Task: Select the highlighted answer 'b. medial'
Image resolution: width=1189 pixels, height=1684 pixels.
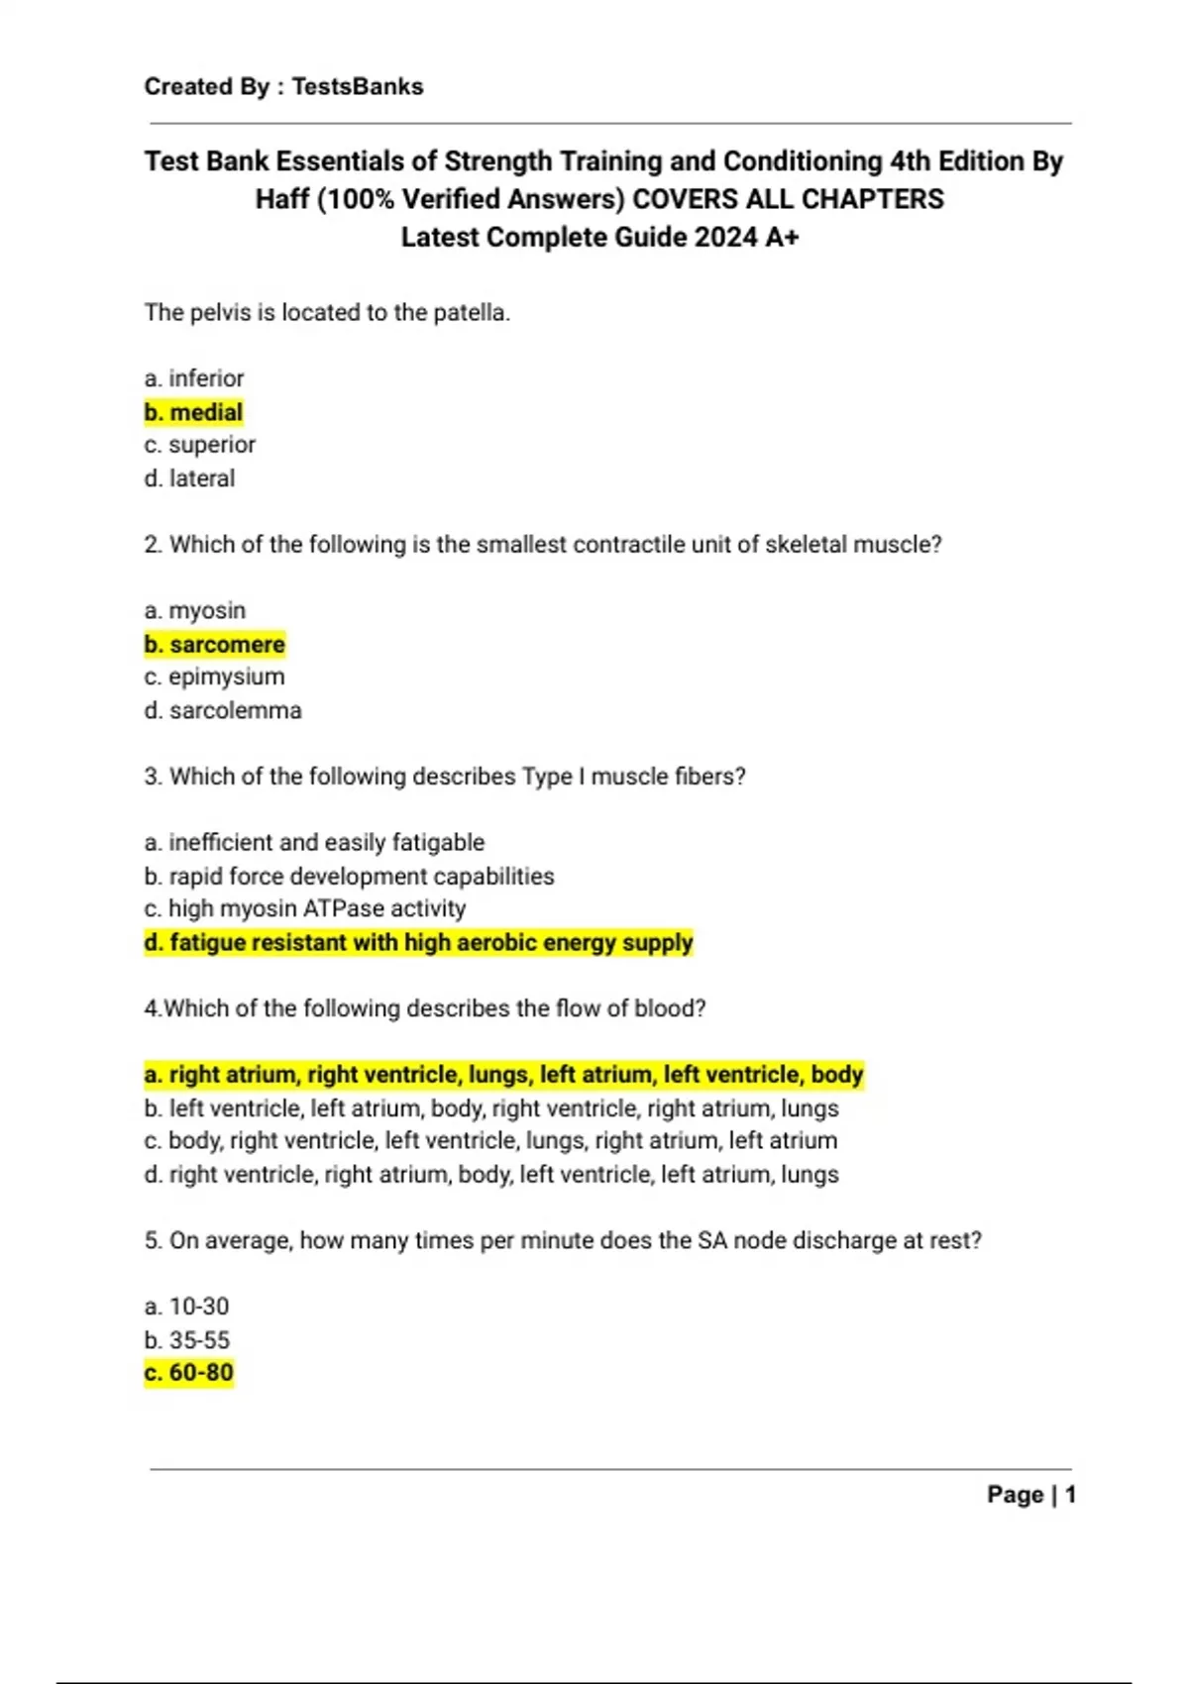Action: pyautogui.click(x=193, y=412)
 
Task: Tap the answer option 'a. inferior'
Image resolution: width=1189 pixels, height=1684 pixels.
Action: pyautogui.click(x=193, y=378)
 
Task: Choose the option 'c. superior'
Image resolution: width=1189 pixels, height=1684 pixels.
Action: pyautogui.click(x=199, y=445)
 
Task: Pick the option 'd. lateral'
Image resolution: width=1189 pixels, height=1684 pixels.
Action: pyautogui.click(x=189, y=478)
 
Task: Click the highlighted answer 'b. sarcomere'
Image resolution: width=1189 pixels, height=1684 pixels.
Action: pyautogui.click(x=214, y=645)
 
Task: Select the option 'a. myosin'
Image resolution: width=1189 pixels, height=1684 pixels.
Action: pyautogui.click(x=194, y=611)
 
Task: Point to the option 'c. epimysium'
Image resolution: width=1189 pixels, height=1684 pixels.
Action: pyautogui.click(x=214, y=678)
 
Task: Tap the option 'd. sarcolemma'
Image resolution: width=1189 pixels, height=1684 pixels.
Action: pyautogui.click(x=222, y=711)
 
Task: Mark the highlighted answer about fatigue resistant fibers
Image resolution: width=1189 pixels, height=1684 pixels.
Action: pyautogui.click(x=418, y=943)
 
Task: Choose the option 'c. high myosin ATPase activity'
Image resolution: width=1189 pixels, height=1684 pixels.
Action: pyautogui.click(x=304, y=909)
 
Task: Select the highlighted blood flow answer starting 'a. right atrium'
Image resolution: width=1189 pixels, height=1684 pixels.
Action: pyautogui.click(x=503, y=1075)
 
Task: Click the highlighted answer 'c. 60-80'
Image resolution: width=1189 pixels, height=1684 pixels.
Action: pyautogui.click(x=188, y=1373)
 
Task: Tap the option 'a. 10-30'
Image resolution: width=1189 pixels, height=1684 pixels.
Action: pyautogui.click(x=186, y=1307)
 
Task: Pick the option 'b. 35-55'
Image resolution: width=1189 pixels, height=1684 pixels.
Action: pyautogui.click(x=186, y=1340)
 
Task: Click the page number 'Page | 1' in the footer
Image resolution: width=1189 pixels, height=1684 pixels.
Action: pyautogui.click(x=1030, y=1495)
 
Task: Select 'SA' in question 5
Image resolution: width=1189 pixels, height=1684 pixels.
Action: pyautogui.click(x=712, y=1240)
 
